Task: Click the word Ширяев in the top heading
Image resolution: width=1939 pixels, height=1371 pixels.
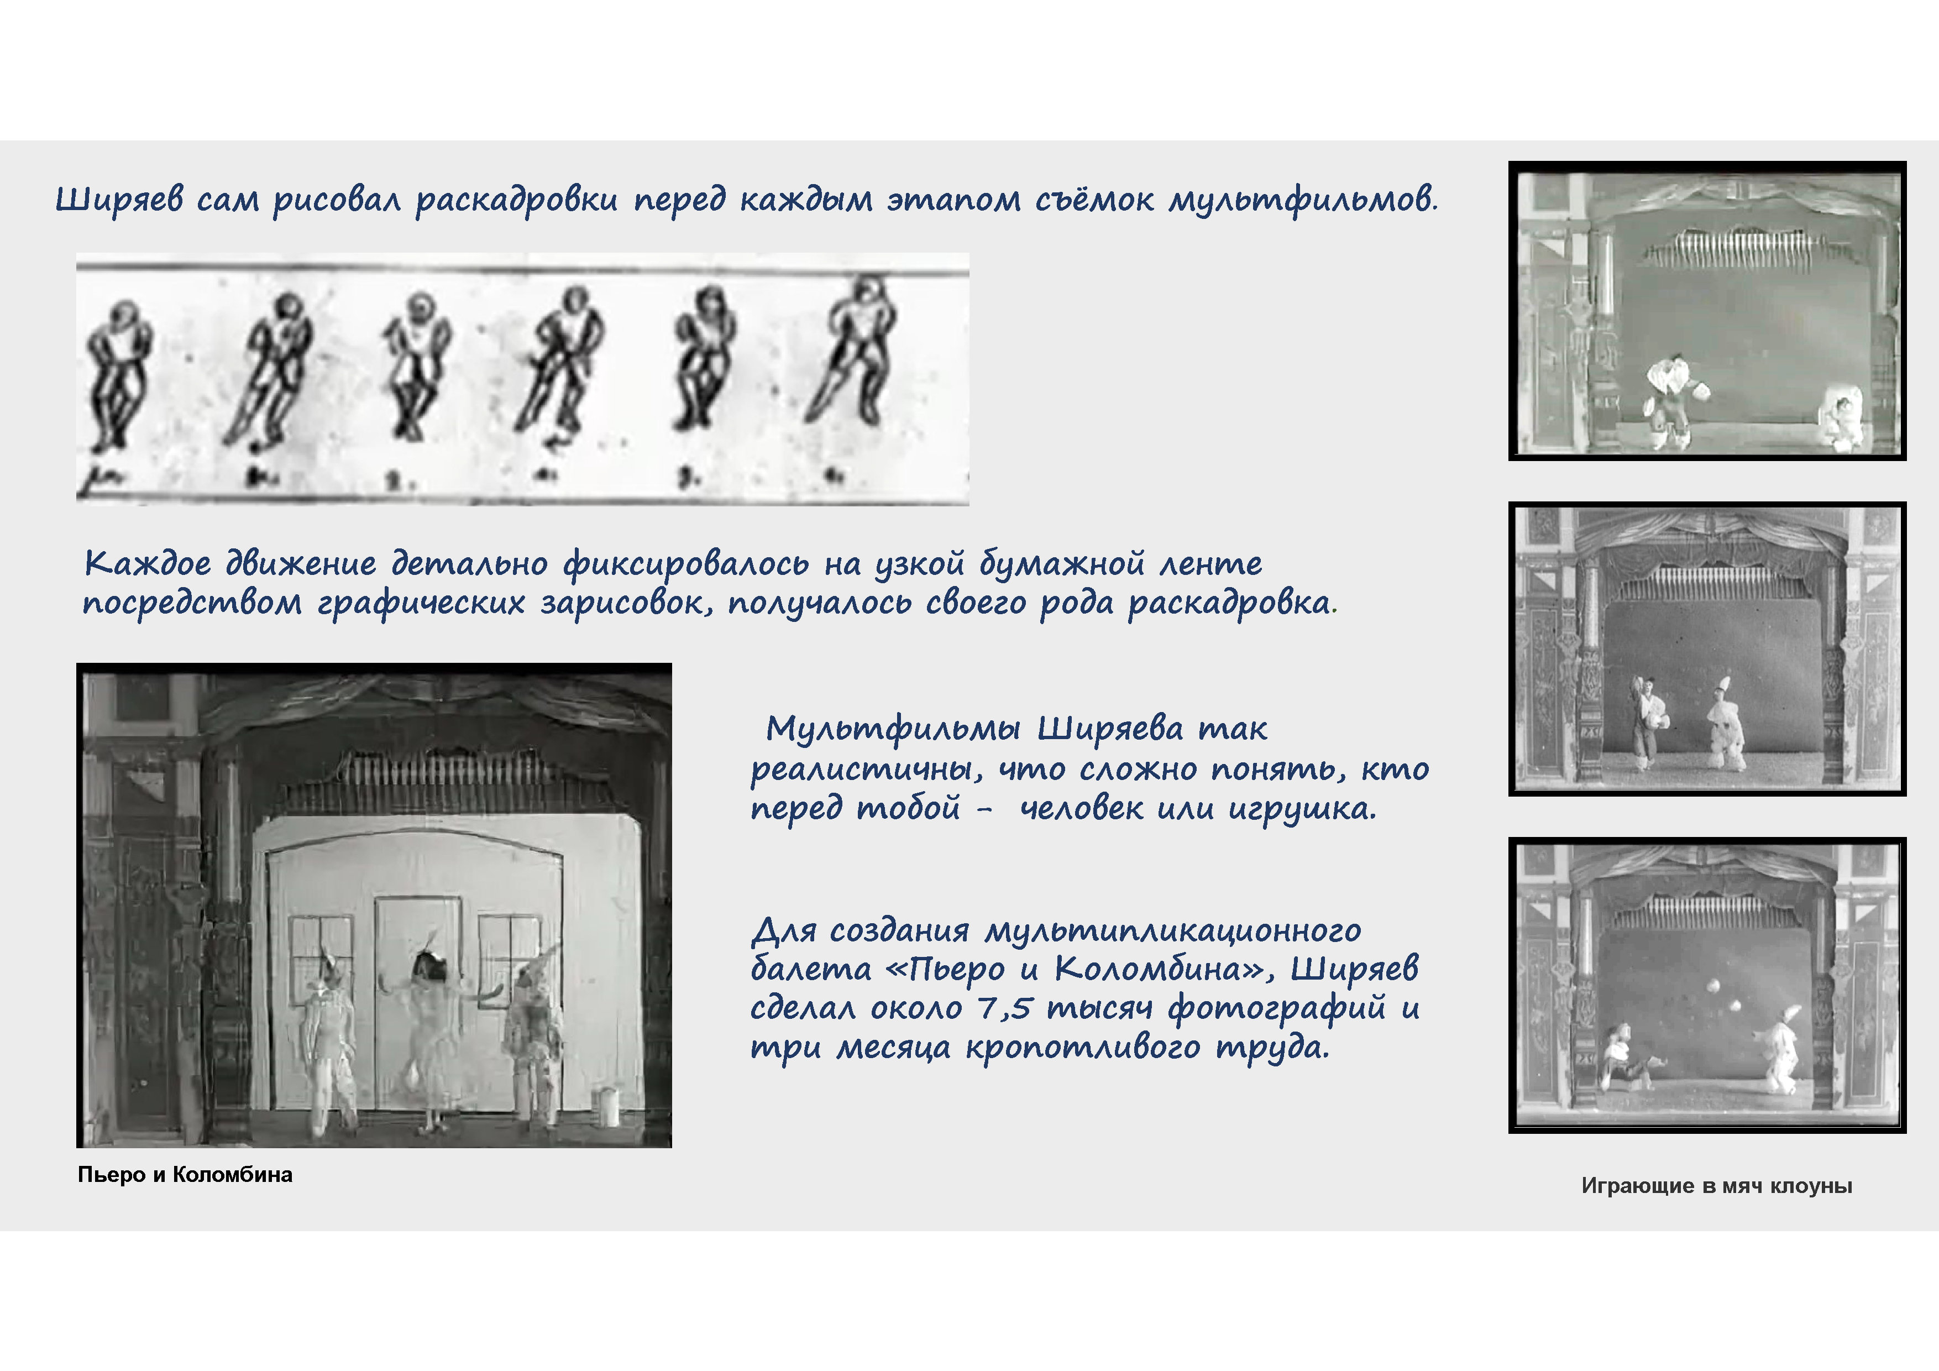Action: (x=119, y=200)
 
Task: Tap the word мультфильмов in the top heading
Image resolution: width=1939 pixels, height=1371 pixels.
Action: (x=1303, y=200)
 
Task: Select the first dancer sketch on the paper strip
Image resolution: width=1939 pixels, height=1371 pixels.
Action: (x=119, y=374)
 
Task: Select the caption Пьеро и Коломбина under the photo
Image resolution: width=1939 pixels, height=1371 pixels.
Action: (x=185, y=1175)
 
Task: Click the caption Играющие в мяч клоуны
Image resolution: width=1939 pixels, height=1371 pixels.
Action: (x=1717, y=1186)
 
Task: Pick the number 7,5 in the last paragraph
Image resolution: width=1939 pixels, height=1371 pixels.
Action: (x=1005, y=1008)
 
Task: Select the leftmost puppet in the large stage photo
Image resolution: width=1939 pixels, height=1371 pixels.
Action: (x=330, y=1039)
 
